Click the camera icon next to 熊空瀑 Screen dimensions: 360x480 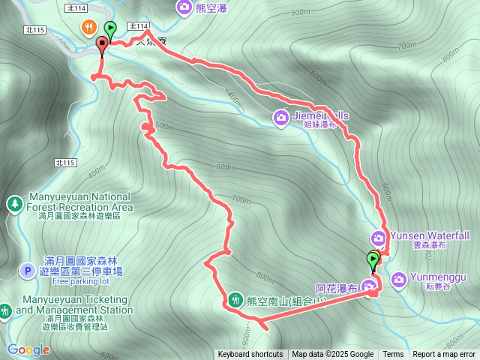tap(184, 7)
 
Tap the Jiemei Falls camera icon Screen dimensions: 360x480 tap(280, 116)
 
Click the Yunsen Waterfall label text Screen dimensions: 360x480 tap(431, 235)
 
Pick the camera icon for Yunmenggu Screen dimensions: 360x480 tap(398, 279)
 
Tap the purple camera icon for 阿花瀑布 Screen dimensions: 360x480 tap(368, 286)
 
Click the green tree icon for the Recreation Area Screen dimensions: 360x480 tap(14, 203)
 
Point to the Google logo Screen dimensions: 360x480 tap(28, 349)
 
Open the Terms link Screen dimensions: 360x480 tap(393, 355)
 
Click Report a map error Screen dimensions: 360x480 tap(445, 355)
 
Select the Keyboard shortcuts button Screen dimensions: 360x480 tap(250, 355)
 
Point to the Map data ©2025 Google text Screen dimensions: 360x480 tap(333, 355)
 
